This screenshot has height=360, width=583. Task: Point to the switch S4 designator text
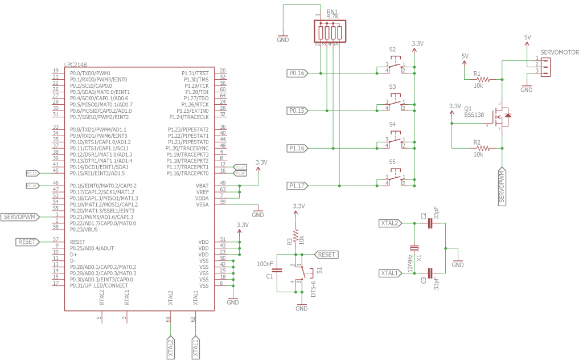pyautogui.click(x=392, y=124)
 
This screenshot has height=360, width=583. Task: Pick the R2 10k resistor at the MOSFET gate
pyautogui.click(x=479, y=148)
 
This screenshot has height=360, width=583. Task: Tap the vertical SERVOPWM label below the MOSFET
pyautogui.click(x=502, y=187)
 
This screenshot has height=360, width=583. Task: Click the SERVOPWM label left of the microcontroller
pyautogui.click(x=20, y=216)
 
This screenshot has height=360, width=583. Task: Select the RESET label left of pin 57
pyautogui.click(x=26, y=242)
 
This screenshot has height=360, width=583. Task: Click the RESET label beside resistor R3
pyautogui.click(x=326, y=255)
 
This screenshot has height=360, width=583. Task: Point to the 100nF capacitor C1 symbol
pyautogui.click(x=277, y=271)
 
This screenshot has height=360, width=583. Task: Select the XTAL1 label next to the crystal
pyautogui.click(x=389, y=273)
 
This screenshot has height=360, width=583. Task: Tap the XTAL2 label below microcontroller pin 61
pyautogui.click(x=170, y=346)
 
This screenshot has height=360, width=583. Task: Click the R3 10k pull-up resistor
pyautogui.click(x=295, y=236)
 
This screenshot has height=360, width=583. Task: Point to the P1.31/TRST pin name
pyautogui.click(x=195, y=73)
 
